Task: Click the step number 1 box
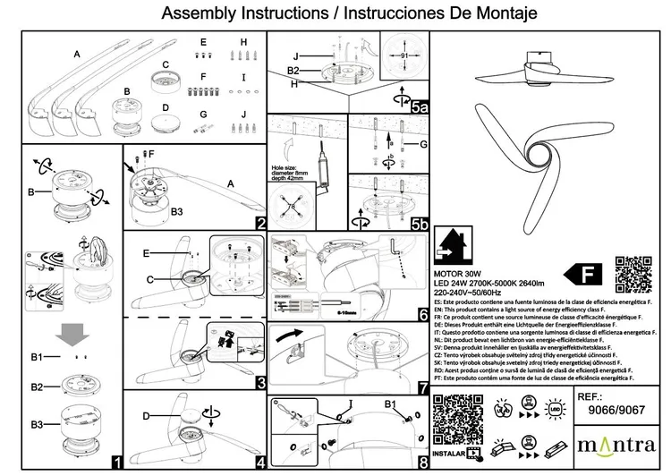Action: click(x=115, y=463)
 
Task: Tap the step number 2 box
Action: click(x=260, y=224)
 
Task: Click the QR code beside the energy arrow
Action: click(x=633, y=274)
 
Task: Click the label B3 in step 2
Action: click(x=177, y=211)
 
